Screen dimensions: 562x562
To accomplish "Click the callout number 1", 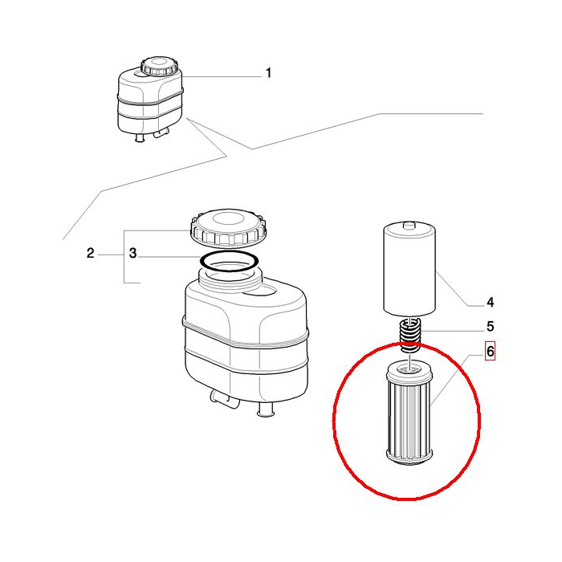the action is [268, 73].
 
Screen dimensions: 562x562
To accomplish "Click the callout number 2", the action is [90, 253].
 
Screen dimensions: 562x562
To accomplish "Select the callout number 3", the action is [133, 253].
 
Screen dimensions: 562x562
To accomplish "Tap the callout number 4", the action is [490, 303].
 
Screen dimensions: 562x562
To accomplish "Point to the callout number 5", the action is [490, 327].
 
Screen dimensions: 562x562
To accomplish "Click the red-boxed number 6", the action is [490, 352].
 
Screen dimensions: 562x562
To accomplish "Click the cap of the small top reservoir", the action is [160, 66].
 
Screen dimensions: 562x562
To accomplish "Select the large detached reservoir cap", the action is [229, 229].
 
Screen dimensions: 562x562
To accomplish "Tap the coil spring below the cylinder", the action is [409, 334].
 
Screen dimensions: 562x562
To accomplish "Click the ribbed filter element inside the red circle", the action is [409, 416].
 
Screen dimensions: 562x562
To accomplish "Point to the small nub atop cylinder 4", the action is [409, 225].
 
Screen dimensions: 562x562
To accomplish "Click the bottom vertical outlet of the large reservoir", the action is [266, 410].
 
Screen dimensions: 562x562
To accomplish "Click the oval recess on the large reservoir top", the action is [259, 291].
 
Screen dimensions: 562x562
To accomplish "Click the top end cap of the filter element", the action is [409, 373].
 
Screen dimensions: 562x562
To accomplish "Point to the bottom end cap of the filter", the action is [409, 458].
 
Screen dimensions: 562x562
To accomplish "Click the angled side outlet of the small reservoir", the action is [161, 133].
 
